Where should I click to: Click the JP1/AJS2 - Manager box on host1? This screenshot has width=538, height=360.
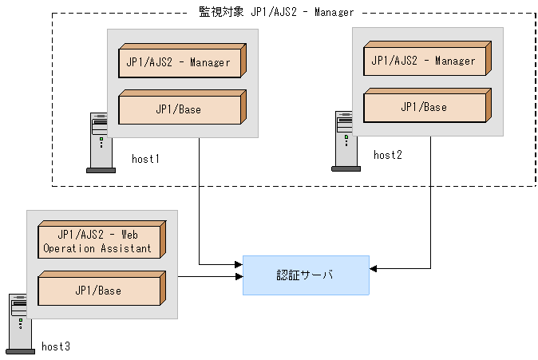pyautogui.click(x=182, y=61)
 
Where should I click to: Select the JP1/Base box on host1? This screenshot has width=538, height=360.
pyautogui.click(x=182, y=107)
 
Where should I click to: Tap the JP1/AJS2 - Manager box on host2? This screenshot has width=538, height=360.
pyautogui.click(x=428, y=58)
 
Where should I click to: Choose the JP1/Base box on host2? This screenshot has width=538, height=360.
pyautogui.click(x=428, y=105)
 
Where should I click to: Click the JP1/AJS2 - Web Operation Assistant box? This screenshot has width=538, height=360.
pyautogui.click(x=102, y=239)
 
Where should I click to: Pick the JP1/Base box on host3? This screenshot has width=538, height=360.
pyautogui.click(x=102, y=288)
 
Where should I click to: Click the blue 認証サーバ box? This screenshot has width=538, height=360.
pyautogui.click(x=306, y=275)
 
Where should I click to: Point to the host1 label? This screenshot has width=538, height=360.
pyautogui.click(x=145, y=159)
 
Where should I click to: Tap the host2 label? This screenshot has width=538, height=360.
pyautogui.click(x=388, y=155)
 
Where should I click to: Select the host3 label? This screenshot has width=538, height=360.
pyautogui.click(x=56, y=346)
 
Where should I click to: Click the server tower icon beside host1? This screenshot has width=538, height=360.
pyautogui.click(x=101, y=143)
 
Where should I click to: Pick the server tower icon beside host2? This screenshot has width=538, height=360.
pyautogui.click(x=346, y=141)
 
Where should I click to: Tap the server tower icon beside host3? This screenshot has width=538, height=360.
pyautogui.click(x=20, y=324)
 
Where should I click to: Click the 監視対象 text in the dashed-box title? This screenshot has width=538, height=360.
pyautogui.click(x=221, y=12)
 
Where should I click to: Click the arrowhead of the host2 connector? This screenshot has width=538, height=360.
pyautogui.click(x=373, y=269)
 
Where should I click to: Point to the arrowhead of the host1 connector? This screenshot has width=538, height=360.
pyautogui.click(x=239, y=264)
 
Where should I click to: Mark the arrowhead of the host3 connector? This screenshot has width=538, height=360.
pyautogui.click(x=239, y=276)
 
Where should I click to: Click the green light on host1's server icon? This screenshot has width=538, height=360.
pyautogui.click(x=101, y=140)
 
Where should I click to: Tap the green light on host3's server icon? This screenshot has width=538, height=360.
pyautogui.click(x=21, y=321)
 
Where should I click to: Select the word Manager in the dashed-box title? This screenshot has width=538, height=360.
pyautogui.click(x=334, y=12)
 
